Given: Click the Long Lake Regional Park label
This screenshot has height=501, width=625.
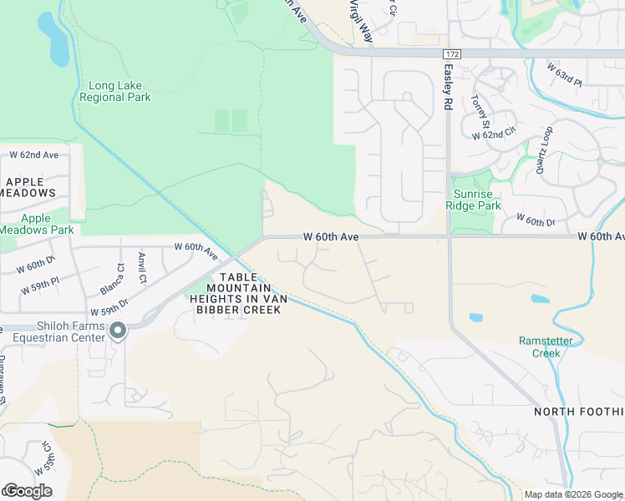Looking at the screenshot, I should (x=114, y=91).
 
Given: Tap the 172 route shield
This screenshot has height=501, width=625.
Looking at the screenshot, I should (x=452, y=53).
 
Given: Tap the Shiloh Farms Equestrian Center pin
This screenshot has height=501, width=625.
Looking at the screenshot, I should (x=118, y=331).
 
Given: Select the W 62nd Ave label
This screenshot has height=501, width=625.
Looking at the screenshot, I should (x=34, y=155).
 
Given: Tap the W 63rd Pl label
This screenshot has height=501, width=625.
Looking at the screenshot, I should (x=564, y=73).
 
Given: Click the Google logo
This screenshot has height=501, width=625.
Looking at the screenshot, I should (x=27, y=490).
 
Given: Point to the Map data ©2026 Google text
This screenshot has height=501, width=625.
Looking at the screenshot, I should (x=573, y=494).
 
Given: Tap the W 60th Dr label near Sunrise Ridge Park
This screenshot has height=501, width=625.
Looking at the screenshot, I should (x=536, y=220).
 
